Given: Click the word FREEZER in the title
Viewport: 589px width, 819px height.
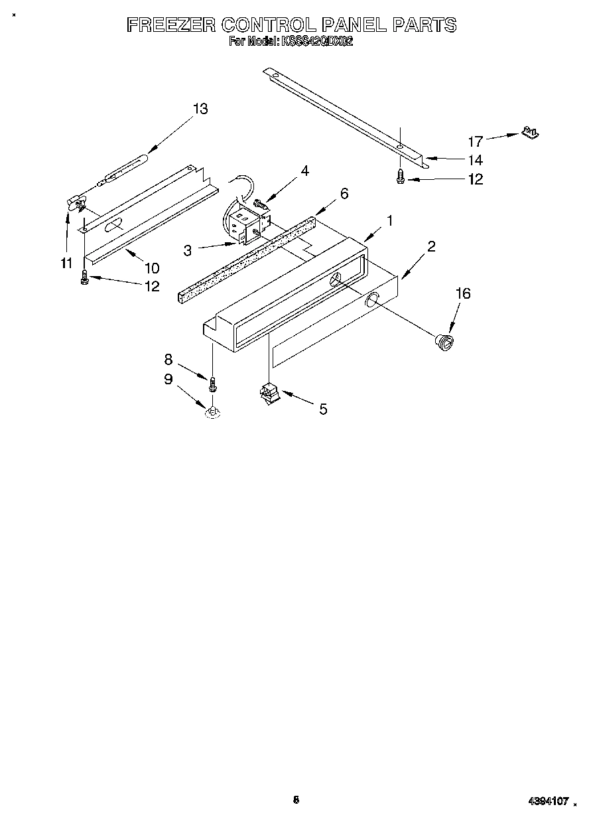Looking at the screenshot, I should (170, 25).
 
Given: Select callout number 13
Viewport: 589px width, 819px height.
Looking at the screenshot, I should (200, 110).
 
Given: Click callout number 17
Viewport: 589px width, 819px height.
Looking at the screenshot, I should (476, 141).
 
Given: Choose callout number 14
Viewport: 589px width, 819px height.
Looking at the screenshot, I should (475, 160).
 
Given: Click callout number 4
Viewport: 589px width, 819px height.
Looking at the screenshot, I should (304, 171).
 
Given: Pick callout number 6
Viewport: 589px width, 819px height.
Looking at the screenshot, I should (344, 193).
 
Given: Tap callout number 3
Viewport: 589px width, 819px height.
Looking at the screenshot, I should (188, 250).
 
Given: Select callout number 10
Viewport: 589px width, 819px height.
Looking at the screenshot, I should (152, 268).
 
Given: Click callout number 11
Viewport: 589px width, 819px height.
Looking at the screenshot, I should (66, 263).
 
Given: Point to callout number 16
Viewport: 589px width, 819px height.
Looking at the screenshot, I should (463, 293).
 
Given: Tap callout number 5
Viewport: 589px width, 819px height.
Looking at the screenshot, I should (323, 409).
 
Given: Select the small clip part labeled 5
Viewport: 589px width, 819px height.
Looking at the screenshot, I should (270, 394).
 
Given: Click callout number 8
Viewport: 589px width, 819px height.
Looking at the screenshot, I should (168, 359).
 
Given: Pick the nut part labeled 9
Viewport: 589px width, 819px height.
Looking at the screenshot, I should (213, 413).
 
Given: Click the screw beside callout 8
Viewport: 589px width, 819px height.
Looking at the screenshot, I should (213, 384).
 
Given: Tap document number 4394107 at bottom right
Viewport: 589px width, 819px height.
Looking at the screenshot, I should (549, 802).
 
